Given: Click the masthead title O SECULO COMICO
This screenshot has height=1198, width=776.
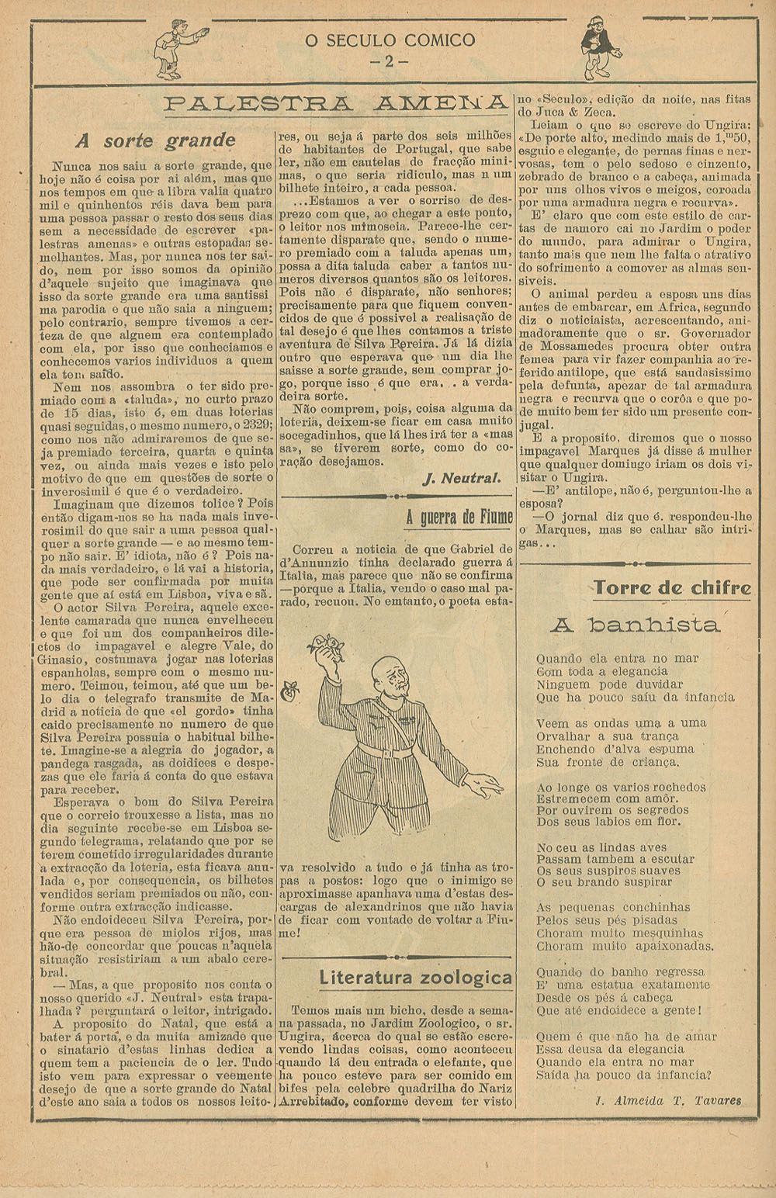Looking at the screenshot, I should point(390,41).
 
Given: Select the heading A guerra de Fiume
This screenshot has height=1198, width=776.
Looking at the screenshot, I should point(459,517).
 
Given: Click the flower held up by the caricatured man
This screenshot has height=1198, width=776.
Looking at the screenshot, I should point(324,646).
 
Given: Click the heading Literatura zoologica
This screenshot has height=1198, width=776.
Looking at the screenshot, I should point(416,978).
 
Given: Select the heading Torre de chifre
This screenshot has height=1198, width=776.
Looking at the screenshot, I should point(673,588).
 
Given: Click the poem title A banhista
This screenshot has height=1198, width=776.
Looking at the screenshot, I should point(635,625).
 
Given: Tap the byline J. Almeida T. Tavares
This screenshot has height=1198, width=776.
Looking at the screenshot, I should point(667,1100).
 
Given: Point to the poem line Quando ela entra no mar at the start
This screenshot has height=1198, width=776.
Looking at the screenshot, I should point(618,659).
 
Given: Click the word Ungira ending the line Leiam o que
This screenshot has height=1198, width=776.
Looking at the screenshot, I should point(729,125).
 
